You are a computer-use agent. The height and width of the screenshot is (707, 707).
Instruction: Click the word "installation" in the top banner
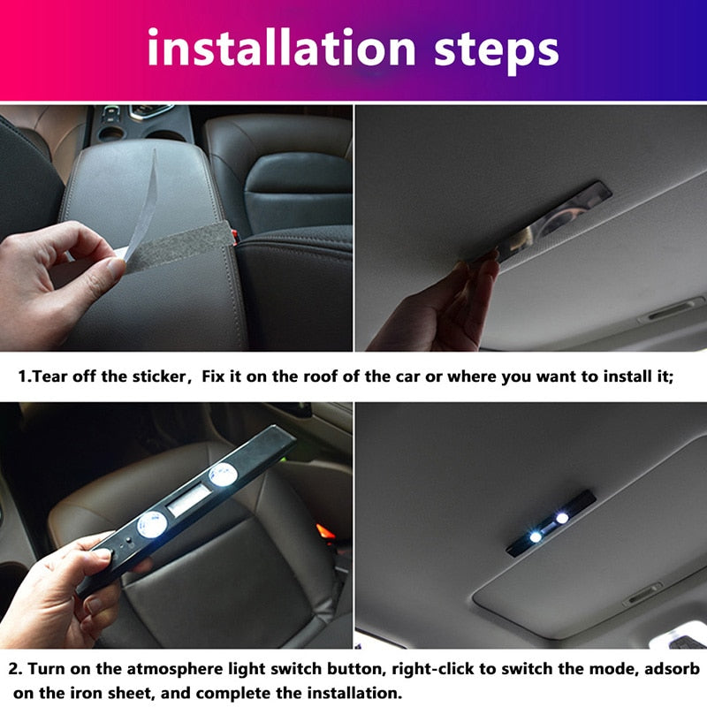pos(281,47)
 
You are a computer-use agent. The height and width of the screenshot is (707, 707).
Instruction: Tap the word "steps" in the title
pos(497,50)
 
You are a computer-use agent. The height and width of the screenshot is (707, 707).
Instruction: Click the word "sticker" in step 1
pos(158,376)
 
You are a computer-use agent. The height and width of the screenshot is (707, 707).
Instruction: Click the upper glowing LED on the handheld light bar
pos(224,475)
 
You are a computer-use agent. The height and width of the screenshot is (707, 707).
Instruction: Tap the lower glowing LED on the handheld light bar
pos(152,525)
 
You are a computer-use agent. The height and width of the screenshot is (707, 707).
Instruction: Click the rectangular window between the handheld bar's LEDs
pos(188,500)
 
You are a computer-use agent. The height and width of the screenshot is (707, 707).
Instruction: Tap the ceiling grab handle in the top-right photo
pos(672,310)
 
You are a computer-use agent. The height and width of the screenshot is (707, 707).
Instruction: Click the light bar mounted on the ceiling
pos(551,523)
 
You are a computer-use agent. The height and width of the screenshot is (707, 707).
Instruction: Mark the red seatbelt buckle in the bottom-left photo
pos(325,532)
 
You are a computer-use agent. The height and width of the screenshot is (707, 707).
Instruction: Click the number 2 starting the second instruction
pos(15,669)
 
